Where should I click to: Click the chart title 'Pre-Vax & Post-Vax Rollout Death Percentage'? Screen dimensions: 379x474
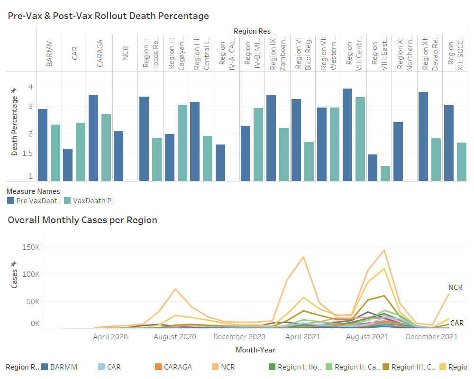109,16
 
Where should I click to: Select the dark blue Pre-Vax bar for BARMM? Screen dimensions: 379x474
43,144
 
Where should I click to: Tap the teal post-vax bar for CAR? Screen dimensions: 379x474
81,152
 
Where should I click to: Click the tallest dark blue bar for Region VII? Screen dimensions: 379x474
347,135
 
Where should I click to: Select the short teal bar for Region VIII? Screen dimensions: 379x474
385,173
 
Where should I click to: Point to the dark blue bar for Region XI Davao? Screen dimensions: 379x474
423,136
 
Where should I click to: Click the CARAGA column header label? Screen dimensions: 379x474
100,54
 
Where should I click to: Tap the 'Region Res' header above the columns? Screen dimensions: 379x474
252,31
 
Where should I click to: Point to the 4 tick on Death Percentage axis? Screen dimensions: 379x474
30,87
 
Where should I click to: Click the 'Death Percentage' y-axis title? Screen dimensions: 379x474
15,126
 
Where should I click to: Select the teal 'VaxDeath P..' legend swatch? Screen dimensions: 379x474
67,200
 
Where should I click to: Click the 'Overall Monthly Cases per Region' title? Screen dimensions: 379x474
82,220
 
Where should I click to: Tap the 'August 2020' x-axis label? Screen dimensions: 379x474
175,337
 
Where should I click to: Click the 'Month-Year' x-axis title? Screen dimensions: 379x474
255,350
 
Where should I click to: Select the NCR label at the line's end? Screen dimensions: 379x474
455,288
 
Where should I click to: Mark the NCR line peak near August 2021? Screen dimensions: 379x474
384,250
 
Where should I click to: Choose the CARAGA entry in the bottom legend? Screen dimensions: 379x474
177,367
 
